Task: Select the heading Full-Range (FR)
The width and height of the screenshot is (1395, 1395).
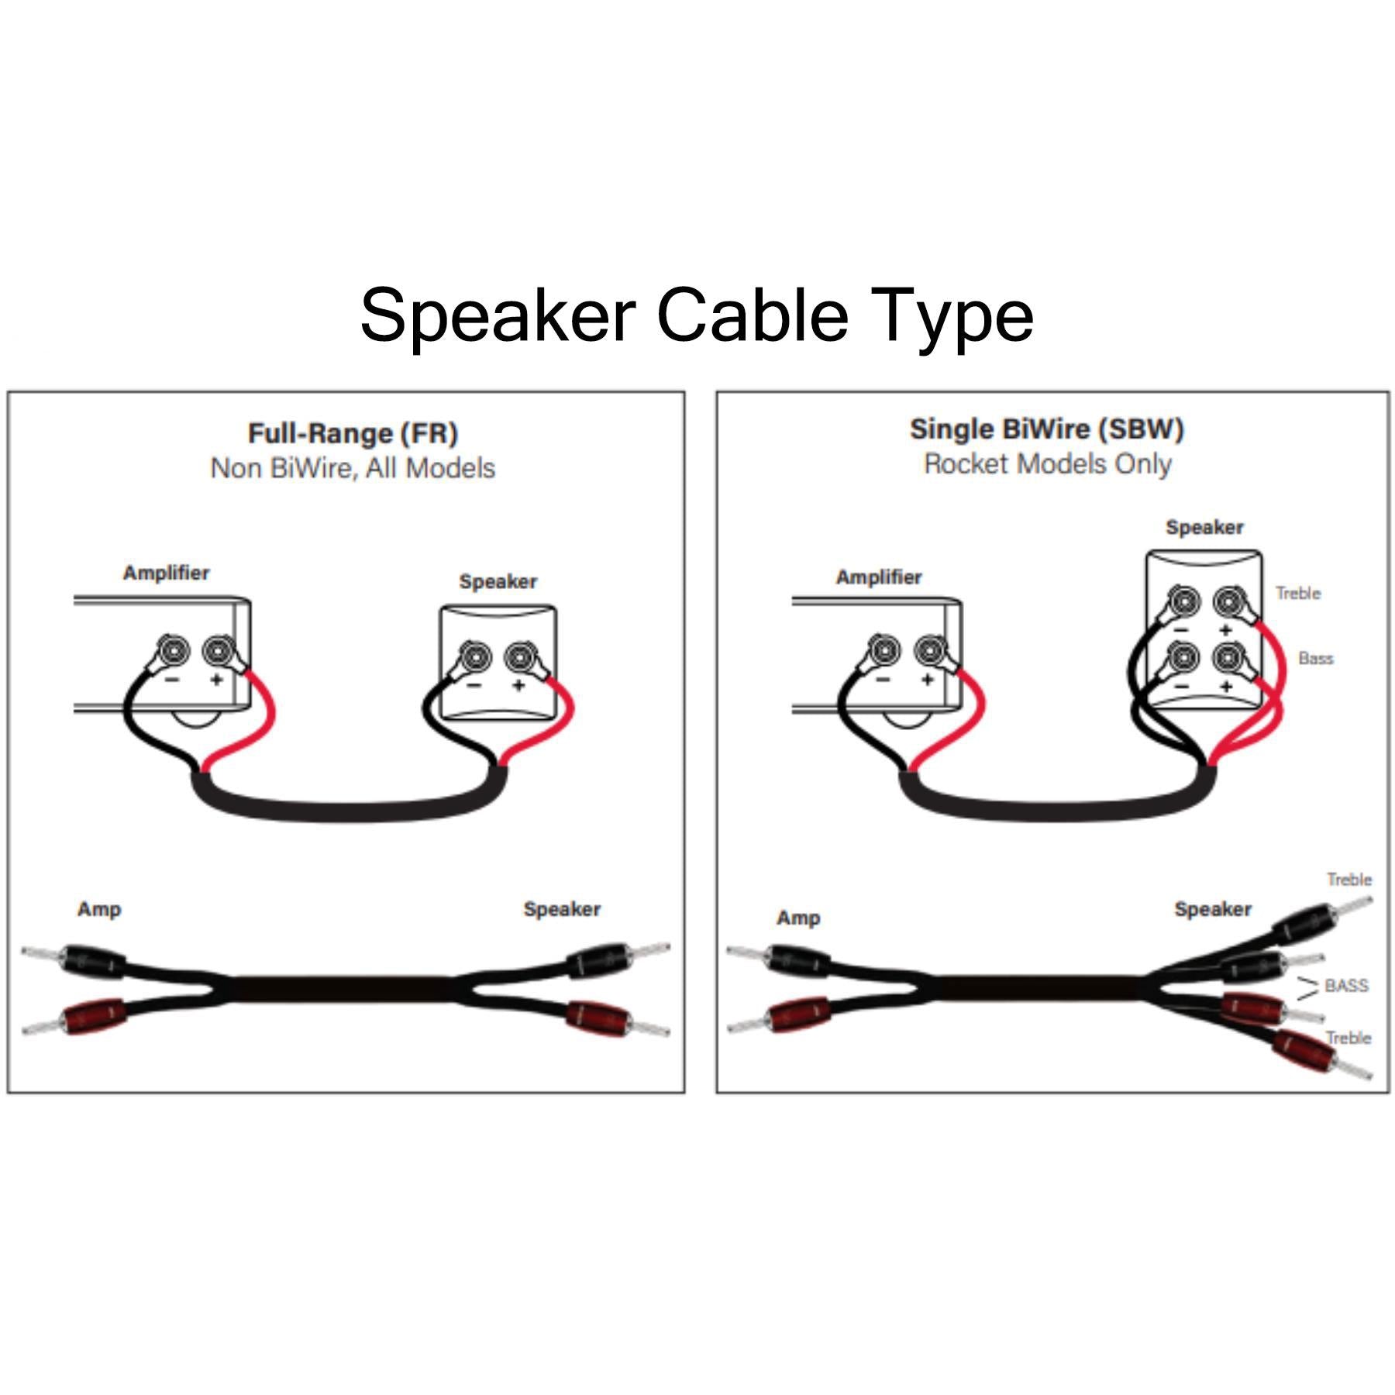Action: tap(353, 433)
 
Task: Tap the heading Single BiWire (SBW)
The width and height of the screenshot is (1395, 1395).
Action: tap(1047, 429)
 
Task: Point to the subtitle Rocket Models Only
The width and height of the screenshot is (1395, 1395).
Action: tap(1048, 464)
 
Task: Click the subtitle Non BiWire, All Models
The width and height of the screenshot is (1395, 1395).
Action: tap(353, 468)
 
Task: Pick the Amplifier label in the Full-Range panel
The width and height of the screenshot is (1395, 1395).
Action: tap(167, 573)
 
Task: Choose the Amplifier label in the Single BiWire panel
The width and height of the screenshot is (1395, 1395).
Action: tap(879, 577)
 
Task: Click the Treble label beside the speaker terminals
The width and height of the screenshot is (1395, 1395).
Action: tap(1298, 593)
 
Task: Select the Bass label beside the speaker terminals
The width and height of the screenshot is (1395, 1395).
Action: tap(1316, 658)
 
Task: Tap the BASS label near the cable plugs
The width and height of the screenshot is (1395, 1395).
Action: tap(1347, 986)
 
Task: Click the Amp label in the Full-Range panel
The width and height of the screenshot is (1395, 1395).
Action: tap(99, 909)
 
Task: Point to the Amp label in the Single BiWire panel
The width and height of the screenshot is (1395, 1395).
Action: tap(798, 918)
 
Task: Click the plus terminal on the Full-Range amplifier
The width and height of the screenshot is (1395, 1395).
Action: tap(218, 650)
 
